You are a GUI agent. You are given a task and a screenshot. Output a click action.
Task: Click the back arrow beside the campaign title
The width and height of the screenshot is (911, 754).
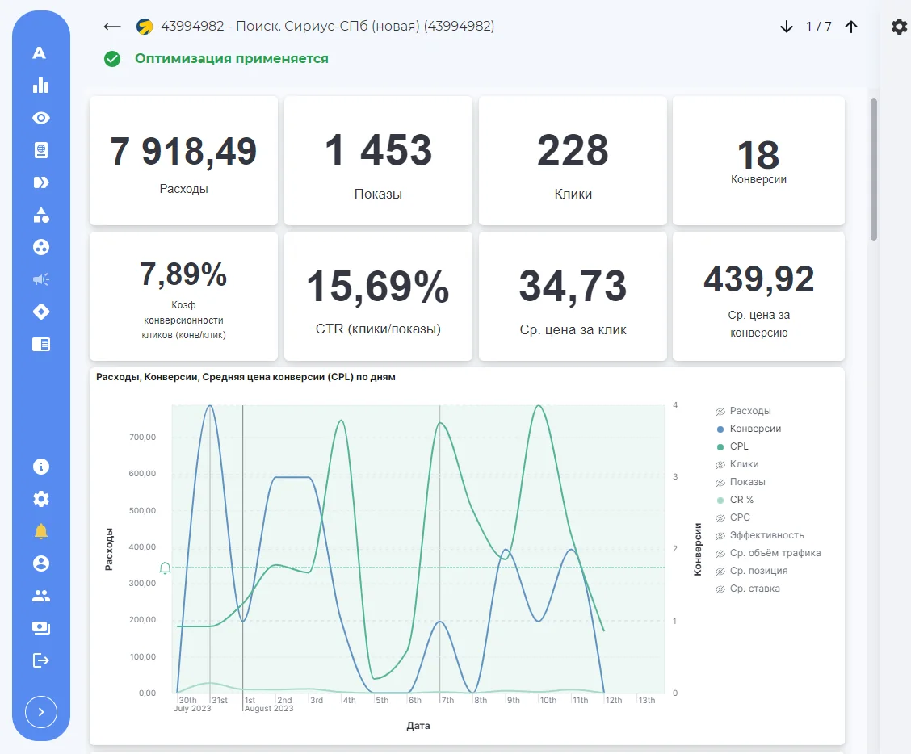point(112,27)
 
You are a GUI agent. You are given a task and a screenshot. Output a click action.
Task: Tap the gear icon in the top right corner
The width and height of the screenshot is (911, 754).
point(899,27)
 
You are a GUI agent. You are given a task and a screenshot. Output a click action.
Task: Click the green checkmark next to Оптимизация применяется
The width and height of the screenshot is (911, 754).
point(112,59)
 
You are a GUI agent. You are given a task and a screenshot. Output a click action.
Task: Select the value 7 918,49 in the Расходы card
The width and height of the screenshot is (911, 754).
point(183,151)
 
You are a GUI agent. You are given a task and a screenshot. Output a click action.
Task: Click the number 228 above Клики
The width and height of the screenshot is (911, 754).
point(573,150)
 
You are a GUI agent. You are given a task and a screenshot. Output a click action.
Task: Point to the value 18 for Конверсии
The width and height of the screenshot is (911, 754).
point(758,154)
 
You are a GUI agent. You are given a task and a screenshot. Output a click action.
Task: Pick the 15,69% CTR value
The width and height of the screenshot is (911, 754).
point(378,287)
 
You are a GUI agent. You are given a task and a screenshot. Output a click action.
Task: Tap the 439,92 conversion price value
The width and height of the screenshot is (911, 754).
point(759,279)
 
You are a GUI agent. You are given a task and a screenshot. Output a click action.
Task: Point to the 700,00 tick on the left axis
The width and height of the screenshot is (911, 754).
point(142,437)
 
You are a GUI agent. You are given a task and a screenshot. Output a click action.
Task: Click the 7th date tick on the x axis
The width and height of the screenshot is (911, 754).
point(447,700)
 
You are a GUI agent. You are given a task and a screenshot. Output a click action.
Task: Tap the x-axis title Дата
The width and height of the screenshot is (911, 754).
point(418,726)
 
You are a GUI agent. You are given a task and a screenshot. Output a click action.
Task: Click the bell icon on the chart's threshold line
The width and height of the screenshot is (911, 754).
point(165,568)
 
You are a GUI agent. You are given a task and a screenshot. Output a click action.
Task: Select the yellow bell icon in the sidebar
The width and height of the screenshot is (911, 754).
point(41,531)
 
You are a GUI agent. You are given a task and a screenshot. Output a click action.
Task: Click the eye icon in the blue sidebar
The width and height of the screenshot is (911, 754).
point(41,118)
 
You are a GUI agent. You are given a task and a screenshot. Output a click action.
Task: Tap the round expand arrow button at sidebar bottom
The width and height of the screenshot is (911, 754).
point(41,711)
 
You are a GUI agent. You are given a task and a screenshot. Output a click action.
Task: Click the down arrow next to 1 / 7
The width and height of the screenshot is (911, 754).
point(786,27)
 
